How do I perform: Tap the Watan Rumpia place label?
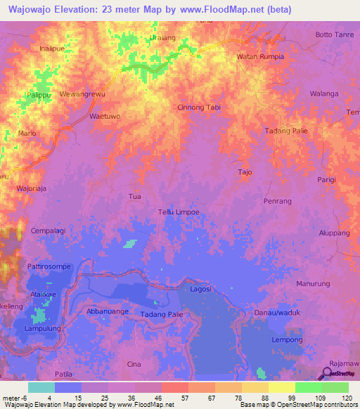[x=260, y=56]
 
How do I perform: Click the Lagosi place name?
[x=201, y=288]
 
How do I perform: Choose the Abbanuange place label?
[x=108, y=310]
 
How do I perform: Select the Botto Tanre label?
[x=333, y=34]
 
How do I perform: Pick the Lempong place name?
[x=287, y=339]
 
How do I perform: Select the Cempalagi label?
[x=49, y=231]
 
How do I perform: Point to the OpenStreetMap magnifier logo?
[x=328, y=373]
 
